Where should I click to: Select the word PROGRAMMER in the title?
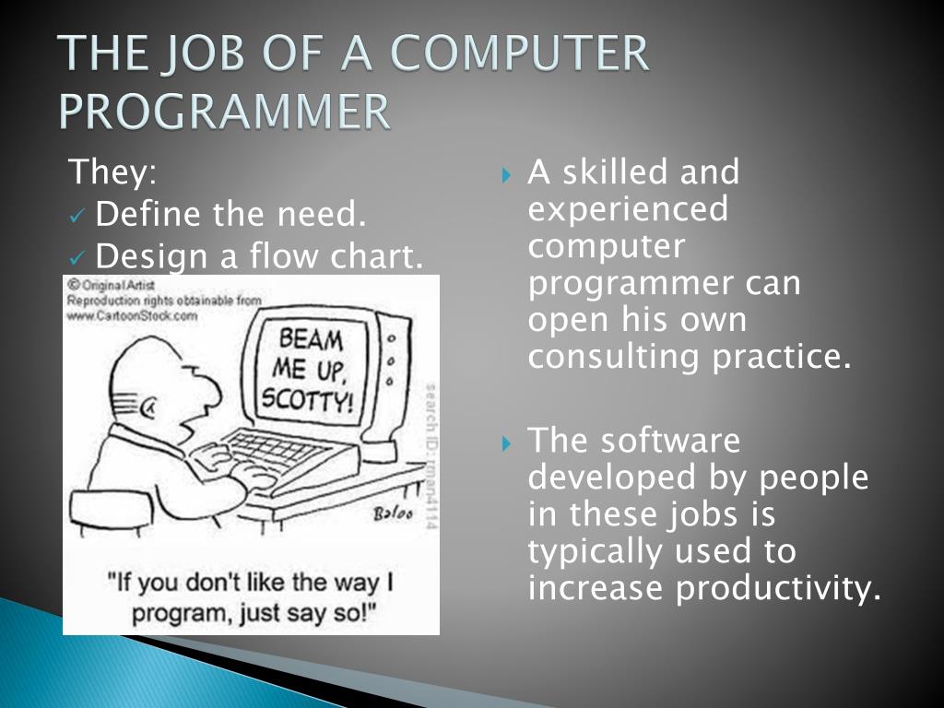(x=225, y=112)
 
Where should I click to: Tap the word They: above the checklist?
(x=113, y=171)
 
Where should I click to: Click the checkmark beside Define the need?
(x=78, y=217)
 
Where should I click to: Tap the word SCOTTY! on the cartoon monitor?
(x=307, y=399)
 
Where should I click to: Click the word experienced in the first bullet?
(x=628, y=209)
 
